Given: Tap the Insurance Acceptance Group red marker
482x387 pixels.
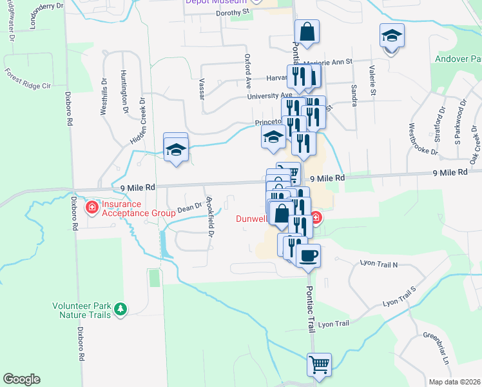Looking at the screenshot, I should click(x=92, y=208).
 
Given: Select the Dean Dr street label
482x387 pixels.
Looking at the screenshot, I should click(x=189, y=207).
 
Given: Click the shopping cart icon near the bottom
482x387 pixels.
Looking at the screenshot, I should click(x=319, y=365).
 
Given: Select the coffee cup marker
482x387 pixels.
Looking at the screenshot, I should click(x=308, y=255).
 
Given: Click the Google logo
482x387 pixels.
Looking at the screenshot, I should click(x=21, y=379).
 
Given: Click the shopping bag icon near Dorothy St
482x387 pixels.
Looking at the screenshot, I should click(x=307, y=32).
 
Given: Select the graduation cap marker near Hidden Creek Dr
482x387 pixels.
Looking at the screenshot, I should click(x=176, y=150).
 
